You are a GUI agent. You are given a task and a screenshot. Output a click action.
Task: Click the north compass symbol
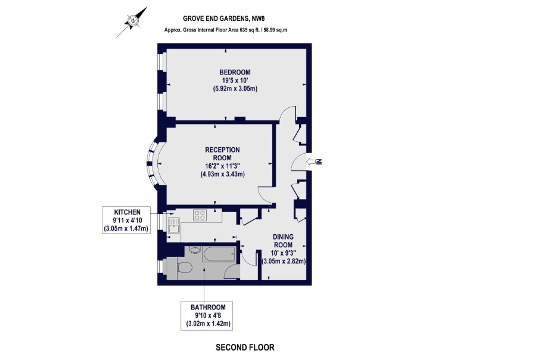click(132, 21)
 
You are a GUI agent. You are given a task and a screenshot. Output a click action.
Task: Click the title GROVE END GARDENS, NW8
click(224, 18)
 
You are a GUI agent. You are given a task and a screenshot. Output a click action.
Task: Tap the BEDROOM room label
click(235, 72)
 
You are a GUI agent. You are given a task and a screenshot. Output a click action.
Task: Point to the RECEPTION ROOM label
click(222, 154)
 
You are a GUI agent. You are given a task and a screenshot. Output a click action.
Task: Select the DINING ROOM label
click(283, 241)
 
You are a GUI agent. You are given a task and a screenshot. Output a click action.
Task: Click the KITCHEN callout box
click(126, 220)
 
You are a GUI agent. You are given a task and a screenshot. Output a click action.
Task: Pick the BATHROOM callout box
click(207, 316)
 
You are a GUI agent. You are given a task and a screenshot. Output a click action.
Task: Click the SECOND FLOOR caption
click(245, 347)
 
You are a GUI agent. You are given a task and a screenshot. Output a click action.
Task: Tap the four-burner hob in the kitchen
click(200, 215)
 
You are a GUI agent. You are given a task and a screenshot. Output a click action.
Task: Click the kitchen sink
click(174, 225)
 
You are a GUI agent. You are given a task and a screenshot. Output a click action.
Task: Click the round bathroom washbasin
click(194, 250)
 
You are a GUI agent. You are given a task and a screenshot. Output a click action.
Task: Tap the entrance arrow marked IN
click(314, 162)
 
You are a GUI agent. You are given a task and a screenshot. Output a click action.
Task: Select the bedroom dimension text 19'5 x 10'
click(235, 80)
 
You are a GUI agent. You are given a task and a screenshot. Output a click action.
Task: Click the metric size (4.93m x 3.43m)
click(222, 174)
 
